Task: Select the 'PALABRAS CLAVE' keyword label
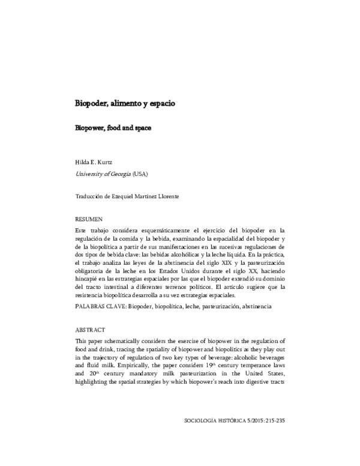tap(100, 306)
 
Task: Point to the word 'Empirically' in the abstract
tap(125, 365)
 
